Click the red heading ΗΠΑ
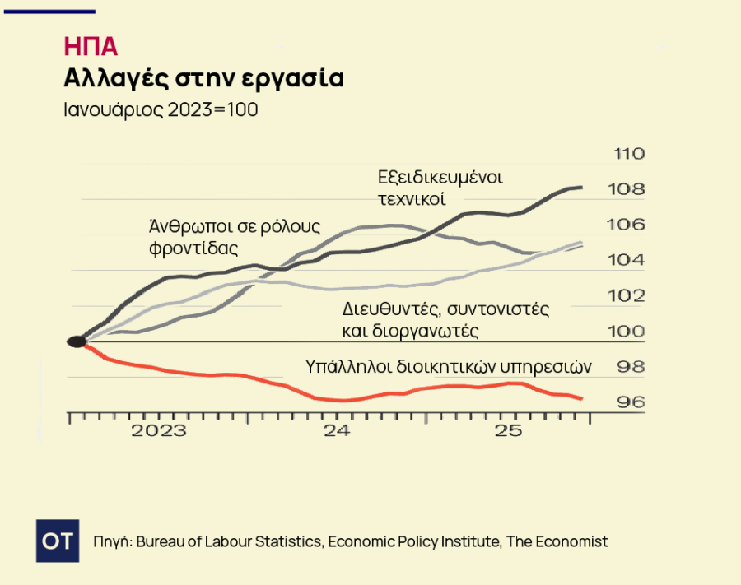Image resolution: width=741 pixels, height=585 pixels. (90, 46)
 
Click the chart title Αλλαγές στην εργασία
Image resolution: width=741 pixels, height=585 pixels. (203, 78)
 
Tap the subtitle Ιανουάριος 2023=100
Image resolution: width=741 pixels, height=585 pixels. (161, 110)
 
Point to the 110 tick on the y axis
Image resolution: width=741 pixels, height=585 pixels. (628, 154)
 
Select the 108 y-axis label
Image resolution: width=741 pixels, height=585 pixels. (628, 189)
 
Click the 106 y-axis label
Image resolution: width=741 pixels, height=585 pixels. (628, 225)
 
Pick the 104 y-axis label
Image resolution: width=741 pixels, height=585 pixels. (628, 260)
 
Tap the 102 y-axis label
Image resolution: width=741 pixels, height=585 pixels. (628, 295)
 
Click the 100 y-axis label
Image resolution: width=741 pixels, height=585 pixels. (628, 331)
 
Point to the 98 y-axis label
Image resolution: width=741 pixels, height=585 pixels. (631, 366)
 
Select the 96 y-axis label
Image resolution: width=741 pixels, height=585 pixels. (631, 402)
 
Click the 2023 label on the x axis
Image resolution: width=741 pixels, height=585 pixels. (159, 431)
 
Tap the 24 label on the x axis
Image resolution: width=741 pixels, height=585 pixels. (337, 431)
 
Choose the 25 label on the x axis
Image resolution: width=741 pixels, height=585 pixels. (510, 431)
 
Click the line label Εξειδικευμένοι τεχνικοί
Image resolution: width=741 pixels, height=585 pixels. (440, 188)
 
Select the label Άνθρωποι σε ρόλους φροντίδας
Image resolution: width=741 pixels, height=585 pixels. (234, 236)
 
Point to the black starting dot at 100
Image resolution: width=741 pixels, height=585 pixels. (76, 341)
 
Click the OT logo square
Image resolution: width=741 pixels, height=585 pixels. (58, 541)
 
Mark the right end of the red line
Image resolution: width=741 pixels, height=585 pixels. (582, 399)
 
